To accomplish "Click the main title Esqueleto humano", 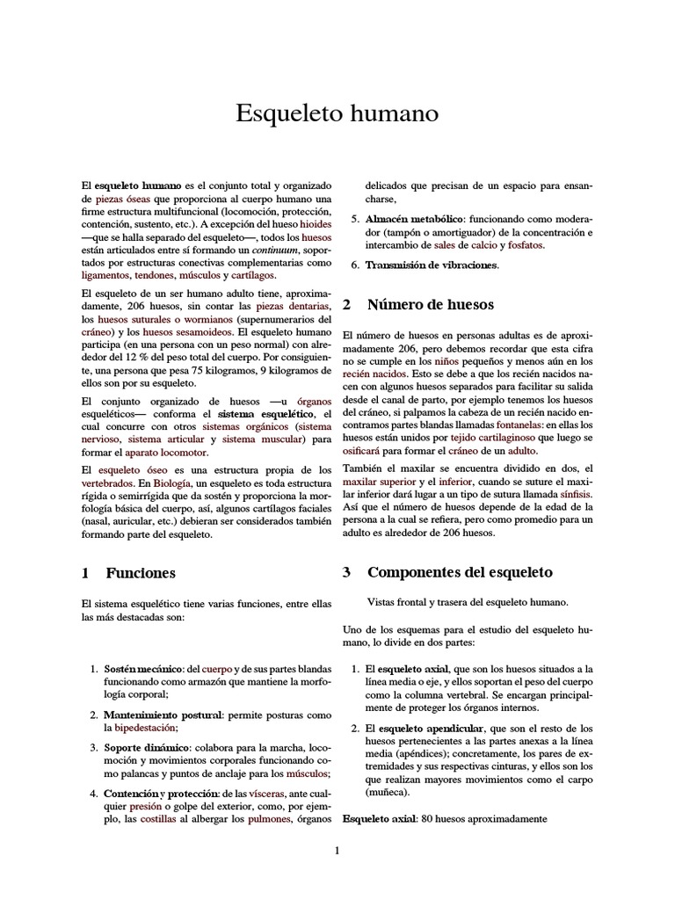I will [x=337, y=114].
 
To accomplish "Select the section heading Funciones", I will [x=141, y=572].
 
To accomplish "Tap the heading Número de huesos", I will [x=430, y=305].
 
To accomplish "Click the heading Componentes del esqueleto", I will [x=460, y=572].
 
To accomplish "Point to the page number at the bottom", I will [x=337, y=851].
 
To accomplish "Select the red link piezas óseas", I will [x=122, y=200].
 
